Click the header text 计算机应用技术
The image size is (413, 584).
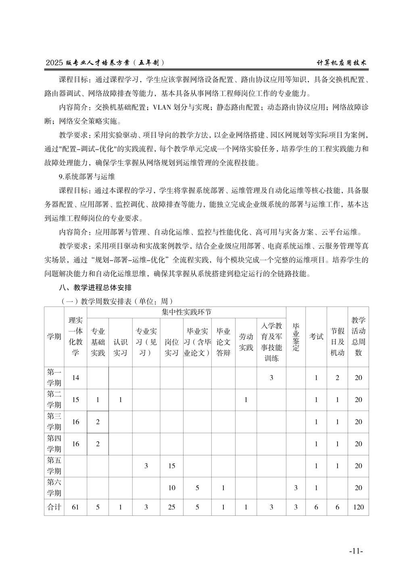[x=343, y=63]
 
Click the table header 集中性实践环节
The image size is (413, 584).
[x=186, y=312]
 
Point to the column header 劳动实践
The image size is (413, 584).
[x=246, y=342]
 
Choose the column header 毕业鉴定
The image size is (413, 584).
[x=296, y=336]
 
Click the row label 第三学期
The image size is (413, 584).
[x=54, y=422]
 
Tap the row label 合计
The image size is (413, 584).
[x=54, y=507]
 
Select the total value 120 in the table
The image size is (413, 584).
[x=358, y=507]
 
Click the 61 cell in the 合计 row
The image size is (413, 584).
[x=75, y=507]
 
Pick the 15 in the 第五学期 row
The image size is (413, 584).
[x=171, y=466]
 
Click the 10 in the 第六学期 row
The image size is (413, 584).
[x=171, y=488]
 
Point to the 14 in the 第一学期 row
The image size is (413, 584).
[x=75, y=378]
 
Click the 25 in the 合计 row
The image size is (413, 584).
[x=171, y=507]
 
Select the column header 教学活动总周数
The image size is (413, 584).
[x=358, y=336]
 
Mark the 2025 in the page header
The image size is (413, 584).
[x=55, y=63]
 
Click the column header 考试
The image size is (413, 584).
[x=316, y=336]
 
